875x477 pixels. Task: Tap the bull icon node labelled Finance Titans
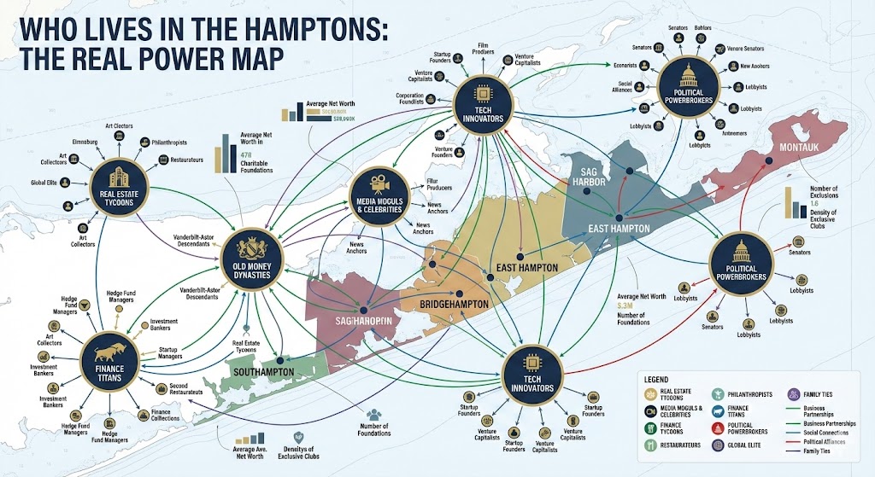(109, 358)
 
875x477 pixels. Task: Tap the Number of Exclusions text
(825, 191)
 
